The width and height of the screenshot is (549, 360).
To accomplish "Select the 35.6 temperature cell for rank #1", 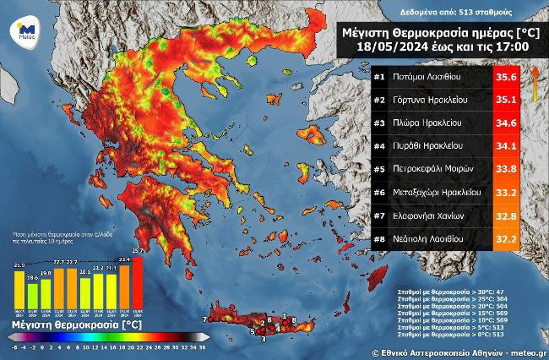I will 505,77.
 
